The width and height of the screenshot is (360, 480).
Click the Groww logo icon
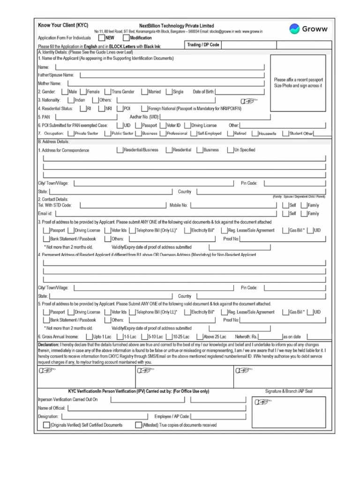(295, 29)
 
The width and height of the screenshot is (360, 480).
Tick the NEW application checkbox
(101, 37)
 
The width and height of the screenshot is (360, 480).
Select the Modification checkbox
(126, 37)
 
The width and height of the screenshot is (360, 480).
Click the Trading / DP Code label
(203, 45)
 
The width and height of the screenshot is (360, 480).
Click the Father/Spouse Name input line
(172, 75)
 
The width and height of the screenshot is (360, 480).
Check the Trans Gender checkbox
(108, 92)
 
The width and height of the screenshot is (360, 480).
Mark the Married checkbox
(144, 92)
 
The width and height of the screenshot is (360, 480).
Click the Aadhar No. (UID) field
(216, 117)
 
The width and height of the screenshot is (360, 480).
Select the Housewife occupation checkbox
(255, 134)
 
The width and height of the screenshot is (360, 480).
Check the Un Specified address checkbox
(230, 150)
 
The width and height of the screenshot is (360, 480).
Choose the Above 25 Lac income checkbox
(200, 337)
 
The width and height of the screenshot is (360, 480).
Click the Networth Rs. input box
(270, 337)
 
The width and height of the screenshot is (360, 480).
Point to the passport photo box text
(298, 83)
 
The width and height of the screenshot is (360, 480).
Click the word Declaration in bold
(48, 345)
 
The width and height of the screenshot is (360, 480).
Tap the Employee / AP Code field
(218, 416)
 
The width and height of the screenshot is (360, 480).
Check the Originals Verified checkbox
(46, 425)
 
